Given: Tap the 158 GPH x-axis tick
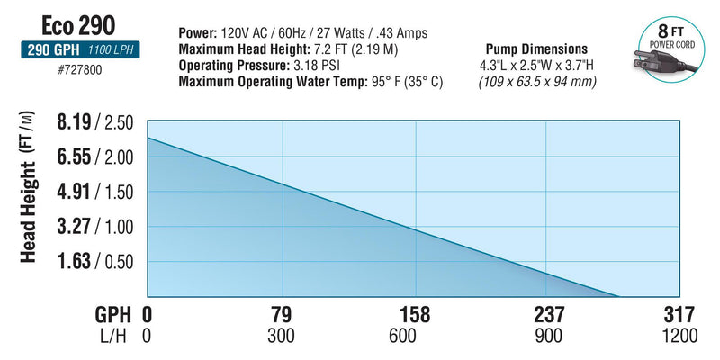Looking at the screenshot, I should point(416,315).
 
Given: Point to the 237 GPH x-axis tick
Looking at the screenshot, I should point(548,315).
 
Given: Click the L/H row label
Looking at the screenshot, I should point(115,337).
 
